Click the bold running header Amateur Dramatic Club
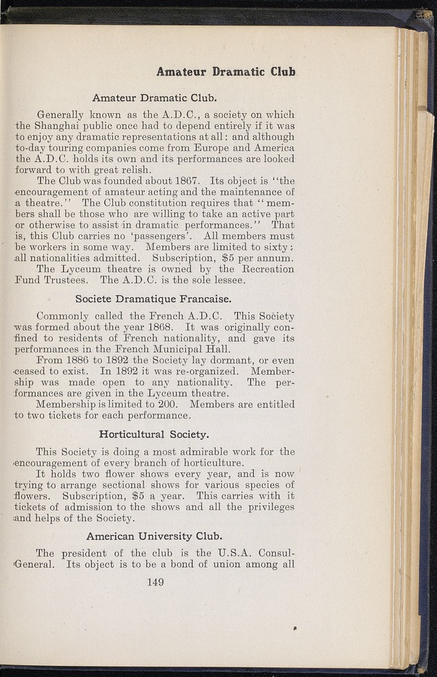(225, 71)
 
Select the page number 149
(155, 582)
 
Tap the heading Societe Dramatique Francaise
(153, 300)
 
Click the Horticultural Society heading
(154, 434)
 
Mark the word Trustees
(69, 281)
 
